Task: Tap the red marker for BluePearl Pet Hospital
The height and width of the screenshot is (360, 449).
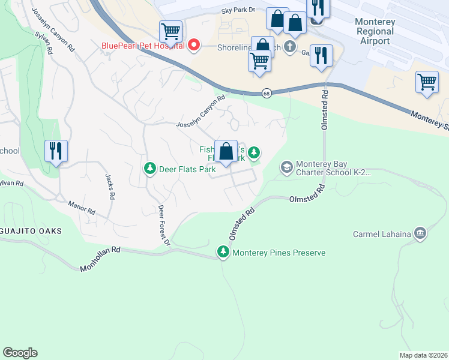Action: [x=194, y=45]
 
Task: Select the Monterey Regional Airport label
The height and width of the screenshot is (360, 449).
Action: [x=375, y=31]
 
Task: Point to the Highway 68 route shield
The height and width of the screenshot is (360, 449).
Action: [x=265, y=93]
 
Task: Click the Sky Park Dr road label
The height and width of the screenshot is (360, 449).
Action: [x=238, y=10]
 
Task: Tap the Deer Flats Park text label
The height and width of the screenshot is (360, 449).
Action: [x=187, y=169]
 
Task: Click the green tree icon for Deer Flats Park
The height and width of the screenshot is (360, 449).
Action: [x=149, y=169]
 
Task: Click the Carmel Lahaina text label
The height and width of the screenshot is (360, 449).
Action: [x=382, y=233]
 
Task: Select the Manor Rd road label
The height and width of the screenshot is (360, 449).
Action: [x=82, y=208]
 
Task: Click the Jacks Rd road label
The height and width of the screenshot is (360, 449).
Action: [x=109, y=187]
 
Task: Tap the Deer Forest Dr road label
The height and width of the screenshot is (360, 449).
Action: [x=164, y=225]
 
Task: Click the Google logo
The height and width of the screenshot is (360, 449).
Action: [x=20, y=353]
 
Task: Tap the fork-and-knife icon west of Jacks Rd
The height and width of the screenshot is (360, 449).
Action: [x=56, y=150]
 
